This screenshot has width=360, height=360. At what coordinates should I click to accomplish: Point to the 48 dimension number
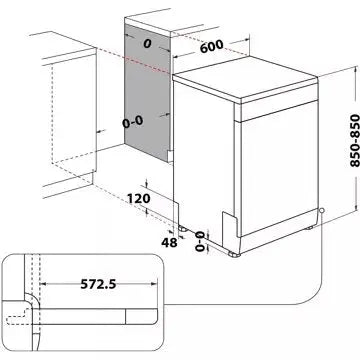[146, 241]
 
